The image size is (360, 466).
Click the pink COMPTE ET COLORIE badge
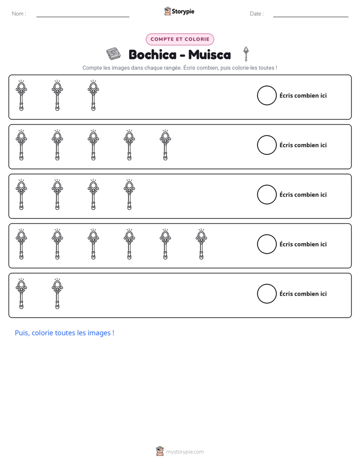(179, 39)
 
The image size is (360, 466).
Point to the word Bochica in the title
(152, 54)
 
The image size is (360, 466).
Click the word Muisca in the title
(209, 54)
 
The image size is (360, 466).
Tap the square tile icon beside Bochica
(113, 54)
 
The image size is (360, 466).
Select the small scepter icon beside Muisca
(246, 54)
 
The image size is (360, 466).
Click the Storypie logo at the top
(179, 11)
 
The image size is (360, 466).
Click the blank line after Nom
(83, 17)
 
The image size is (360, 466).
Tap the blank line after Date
(311, 17)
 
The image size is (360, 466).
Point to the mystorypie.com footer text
(185, 452)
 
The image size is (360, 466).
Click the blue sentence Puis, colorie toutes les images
(65, 333)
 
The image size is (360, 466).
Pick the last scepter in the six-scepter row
(201, 244)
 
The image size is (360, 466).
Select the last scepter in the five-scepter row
(165, 145)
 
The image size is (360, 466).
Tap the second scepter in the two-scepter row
(57, 294)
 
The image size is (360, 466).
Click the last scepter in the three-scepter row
(93, 95)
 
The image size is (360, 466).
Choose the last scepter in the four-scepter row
(129, 195)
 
